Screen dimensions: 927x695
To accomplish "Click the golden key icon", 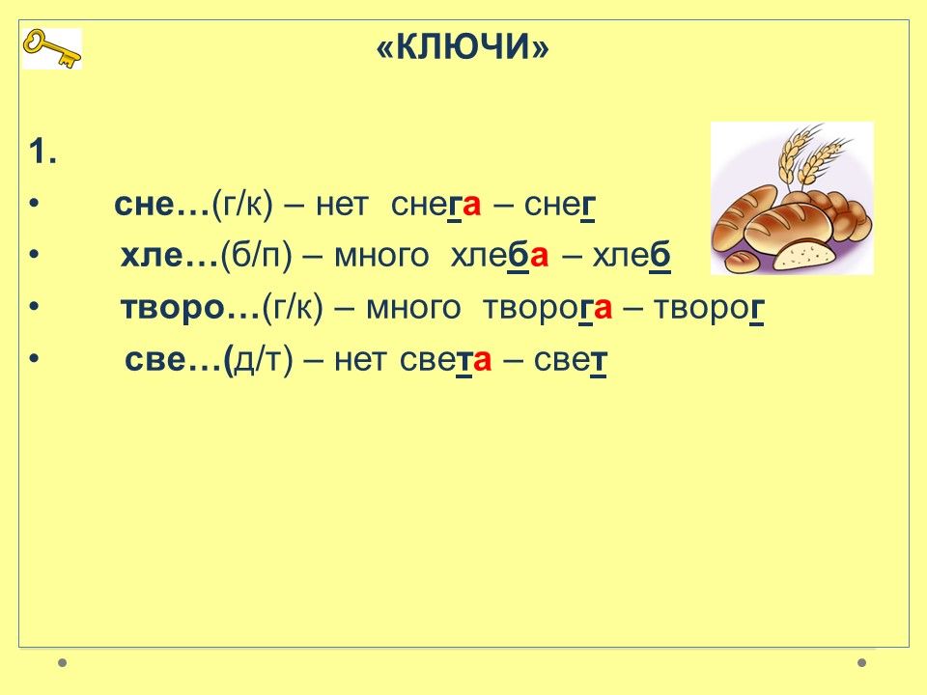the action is click(x=51, y=48).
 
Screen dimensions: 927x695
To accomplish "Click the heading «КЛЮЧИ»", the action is click(x=463, y=46).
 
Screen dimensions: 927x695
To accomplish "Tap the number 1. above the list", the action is click(x=42, y=152).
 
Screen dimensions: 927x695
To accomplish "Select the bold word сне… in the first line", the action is click(x=162, y=205).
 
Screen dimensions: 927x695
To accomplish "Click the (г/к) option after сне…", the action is click(x=242, y=206).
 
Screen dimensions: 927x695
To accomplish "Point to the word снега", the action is click(x=435, y=206).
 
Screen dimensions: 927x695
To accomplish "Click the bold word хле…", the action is click(x=170, y=256).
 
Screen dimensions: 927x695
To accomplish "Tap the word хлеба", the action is click(x=499, y=256).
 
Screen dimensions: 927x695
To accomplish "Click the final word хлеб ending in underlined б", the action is click(x=632, y=256).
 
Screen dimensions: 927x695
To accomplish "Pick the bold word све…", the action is click(x=175, y=360).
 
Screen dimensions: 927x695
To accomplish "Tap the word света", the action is click(x=445, y=360).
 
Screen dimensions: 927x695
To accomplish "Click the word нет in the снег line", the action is click(x=342, y=206).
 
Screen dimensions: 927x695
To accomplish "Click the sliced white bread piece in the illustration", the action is click(x=804, y=255).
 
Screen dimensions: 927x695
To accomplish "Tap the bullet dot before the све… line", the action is click(x=34, y=359).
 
